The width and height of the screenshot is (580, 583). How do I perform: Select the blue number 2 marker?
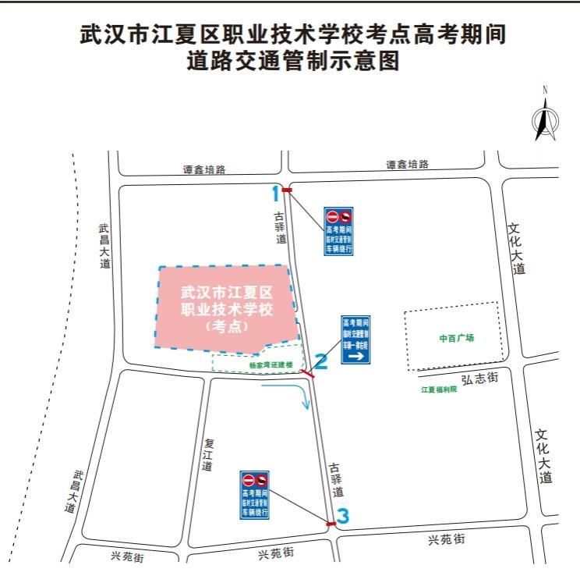320,361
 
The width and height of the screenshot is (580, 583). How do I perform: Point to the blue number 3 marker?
343,516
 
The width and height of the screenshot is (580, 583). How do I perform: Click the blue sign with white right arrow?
355,339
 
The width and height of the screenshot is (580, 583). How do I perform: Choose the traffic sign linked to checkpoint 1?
338,232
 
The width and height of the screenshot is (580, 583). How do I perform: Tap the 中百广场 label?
456,339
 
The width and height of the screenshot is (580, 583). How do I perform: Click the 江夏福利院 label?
440,389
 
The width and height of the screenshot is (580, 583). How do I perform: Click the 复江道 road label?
207,453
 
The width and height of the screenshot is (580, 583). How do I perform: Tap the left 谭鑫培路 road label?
204,169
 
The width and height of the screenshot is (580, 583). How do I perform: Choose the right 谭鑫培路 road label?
407,165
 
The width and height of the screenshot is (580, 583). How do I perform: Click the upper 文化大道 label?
515,248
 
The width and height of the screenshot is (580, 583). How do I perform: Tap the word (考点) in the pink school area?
225,327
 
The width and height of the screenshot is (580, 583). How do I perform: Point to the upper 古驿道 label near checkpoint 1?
279,227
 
